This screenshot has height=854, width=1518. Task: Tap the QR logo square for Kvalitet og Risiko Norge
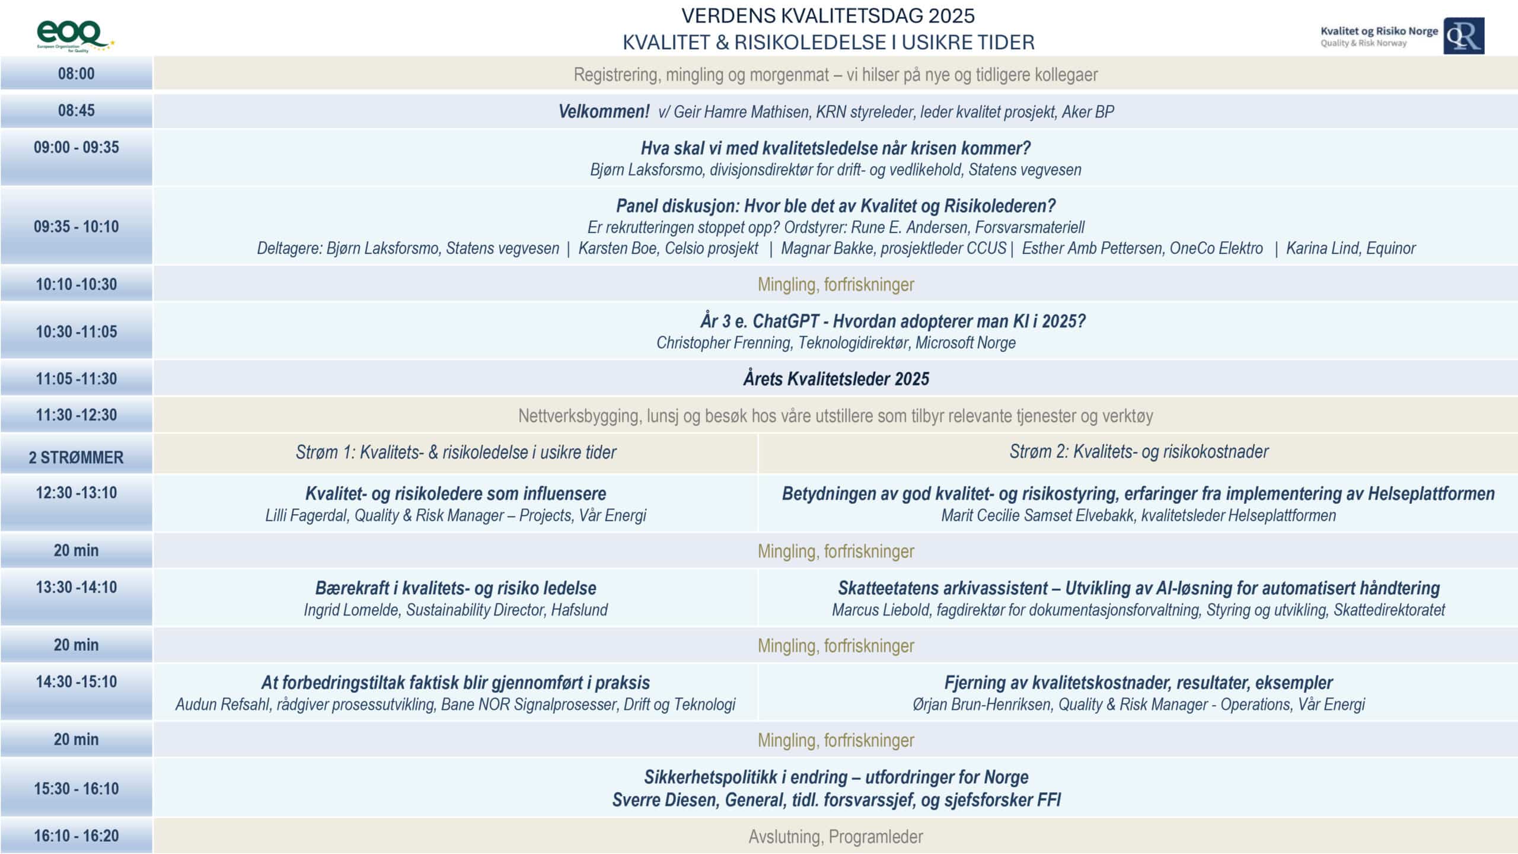click(x=1463, y=36)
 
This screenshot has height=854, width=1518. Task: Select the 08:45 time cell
click(x=76, y=111)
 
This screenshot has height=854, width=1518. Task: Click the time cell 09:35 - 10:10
click(x=76, y=227)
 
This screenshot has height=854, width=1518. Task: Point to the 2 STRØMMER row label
click(x=76, y=457)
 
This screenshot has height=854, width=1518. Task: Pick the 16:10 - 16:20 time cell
click(x=76, y=836)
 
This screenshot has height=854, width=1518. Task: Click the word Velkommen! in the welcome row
click(x=604, y=111)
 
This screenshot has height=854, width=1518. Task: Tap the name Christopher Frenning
click(x=723, y=343)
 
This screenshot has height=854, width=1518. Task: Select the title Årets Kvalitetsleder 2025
click(x=835, y=379)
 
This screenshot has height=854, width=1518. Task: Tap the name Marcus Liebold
click(x=880, y=610)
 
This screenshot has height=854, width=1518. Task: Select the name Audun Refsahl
click(x=222, y=705)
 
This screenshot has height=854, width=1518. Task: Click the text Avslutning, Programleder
click(x=835, y=837)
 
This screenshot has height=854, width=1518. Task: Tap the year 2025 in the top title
click(x=951, y=16)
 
